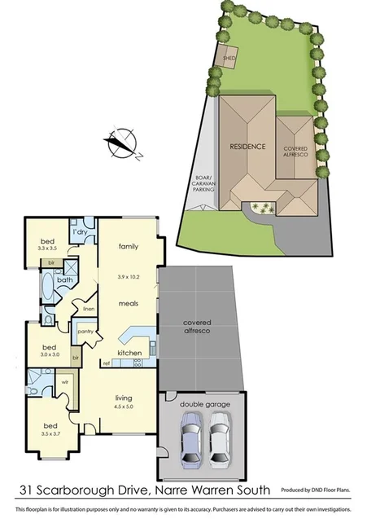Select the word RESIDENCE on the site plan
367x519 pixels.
pyautogui.click(x=248, y=147)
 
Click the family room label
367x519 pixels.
pyautogui.click(x=129, y=246)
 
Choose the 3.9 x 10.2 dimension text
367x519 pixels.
pyautogui.click(x=129, y=277)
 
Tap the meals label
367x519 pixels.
pyautogui.click(x=129, y=302)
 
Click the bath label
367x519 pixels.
pyautogui.click(x=64, y=280)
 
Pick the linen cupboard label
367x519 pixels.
pyautogui.click(x=89, y=308)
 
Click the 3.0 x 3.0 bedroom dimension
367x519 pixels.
pyautogui.click(x=50, y=354)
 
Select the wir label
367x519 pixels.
pyautogui.click(x=63, y=380)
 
